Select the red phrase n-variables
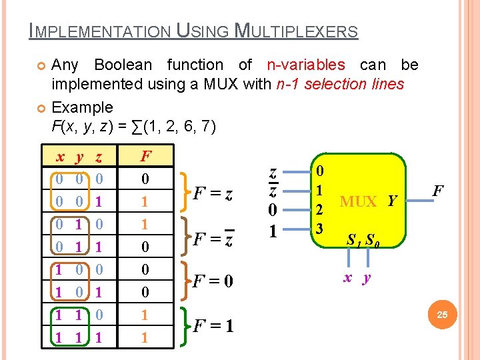(306, 65)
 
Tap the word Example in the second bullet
(82, 107)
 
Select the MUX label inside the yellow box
(359, 201)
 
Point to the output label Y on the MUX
(391, 201)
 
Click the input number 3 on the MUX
(319, 229)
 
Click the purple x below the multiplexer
(347, 278)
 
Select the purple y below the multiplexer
(366, 279)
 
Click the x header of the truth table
(60, 158)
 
